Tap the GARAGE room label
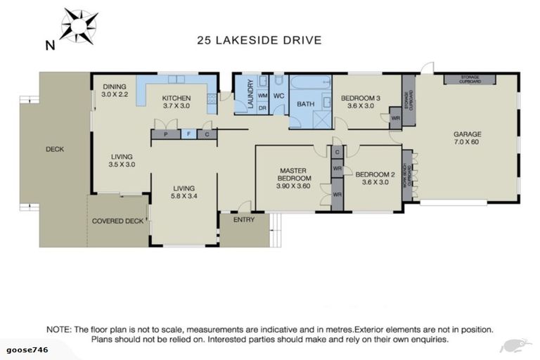point(467,134)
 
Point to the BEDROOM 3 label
point(361,98)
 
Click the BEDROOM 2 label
point(372,174)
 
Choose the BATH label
point(306,104)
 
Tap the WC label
point(278,96)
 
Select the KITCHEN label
point(176,98)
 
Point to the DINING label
point(114,86)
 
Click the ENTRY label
point(244,220)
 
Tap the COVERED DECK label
point(117,221)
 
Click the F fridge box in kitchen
point(189,134)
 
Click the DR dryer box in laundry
point(262,108)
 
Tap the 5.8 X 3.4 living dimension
point(185,197)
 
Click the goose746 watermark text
point(26,349)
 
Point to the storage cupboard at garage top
point(470,78)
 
